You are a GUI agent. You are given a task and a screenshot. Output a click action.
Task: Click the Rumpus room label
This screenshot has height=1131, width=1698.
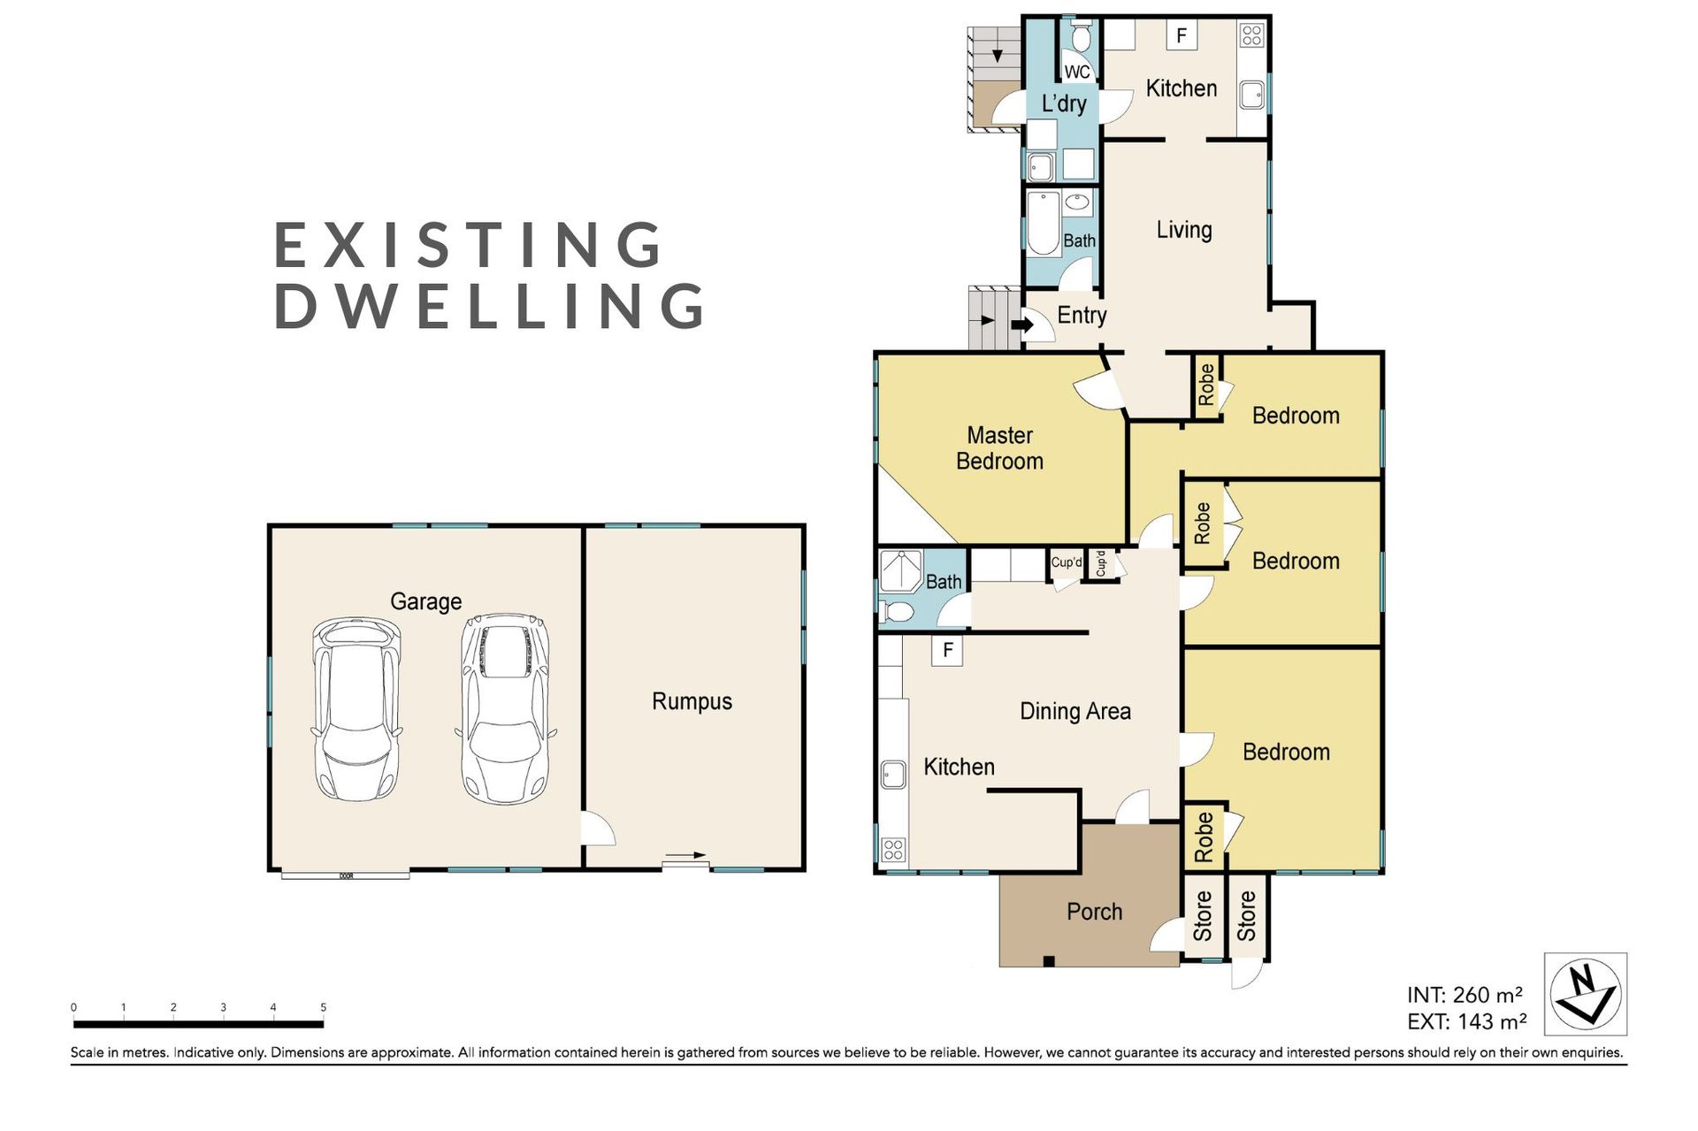(692, 701)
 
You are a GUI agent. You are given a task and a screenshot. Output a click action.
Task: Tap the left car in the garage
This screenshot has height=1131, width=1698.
(356, 709)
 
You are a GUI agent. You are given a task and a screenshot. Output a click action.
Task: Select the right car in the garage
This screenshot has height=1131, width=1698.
(506, 709)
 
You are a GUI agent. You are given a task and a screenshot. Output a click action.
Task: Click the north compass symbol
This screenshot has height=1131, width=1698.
(1586, 994)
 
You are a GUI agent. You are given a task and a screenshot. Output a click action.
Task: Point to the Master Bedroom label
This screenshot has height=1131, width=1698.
(999, 448)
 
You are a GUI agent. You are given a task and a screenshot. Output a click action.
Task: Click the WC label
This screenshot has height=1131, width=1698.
(1077, 72)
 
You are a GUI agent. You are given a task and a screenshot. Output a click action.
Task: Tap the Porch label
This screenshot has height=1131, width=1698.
(1094, 912)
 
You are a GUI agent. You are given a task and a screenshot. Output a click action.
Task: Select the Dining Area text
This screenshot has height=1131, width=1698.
(1075, 711)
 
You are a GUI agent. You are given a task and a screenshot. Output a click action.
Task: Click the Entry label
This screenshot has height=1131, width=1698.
(1082, 316)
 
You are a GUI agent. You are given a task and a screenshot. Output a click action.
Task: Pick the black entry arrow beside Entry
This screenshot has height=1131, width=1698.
(1022, 325)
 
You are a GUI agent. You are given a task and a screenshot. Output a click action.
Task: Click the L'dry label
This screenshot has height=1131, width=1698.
(1064, 103)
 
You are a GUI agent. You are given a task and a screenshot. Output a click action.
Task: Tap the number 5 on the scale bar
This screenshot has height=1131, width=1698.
(323, 1007)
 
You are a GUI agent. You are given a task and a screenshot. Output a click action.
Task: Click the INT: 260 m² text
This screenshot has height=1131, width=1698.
(1465, 995)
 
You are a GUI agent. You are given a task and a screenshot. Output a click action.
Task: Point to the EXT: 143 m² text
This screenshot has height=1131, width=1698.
(1466, 1021)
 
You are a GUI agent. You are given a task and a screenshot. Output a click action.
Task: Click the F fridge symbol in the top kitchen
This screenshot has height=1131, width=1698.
(1181, 36)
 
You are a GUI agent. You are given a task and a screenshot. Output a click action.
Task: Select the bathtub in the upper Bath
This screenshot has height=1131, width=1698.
(1044, 224)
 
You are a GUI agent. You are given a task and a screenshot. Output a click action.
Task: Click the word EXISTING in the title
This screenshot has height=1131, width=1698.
(469, 245)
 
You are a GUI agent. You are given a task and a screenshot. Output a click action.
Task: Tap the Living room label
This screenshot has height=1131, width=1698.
(1184, 230)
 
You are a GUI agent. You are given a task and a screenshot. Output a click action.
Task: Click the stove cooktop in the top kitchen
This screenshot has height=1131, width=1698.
(1251, 35)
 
